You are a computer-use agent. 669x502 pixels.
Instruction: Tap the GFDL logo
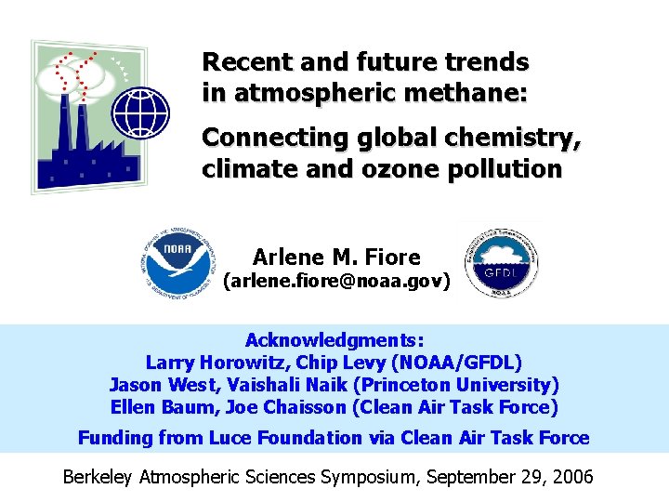500,261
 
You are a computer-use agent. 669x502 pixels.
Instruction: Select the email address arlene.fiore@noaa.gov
335,280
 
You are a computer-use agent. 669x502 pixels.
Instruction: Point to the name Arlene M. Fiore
336,257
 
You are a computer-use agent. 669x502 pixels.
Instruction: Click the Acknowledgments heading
334,340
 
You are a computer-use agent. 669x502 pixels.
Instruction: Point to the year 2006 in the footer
571,478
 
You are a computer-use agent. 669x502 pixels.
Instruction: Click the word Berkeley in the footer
98,478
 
